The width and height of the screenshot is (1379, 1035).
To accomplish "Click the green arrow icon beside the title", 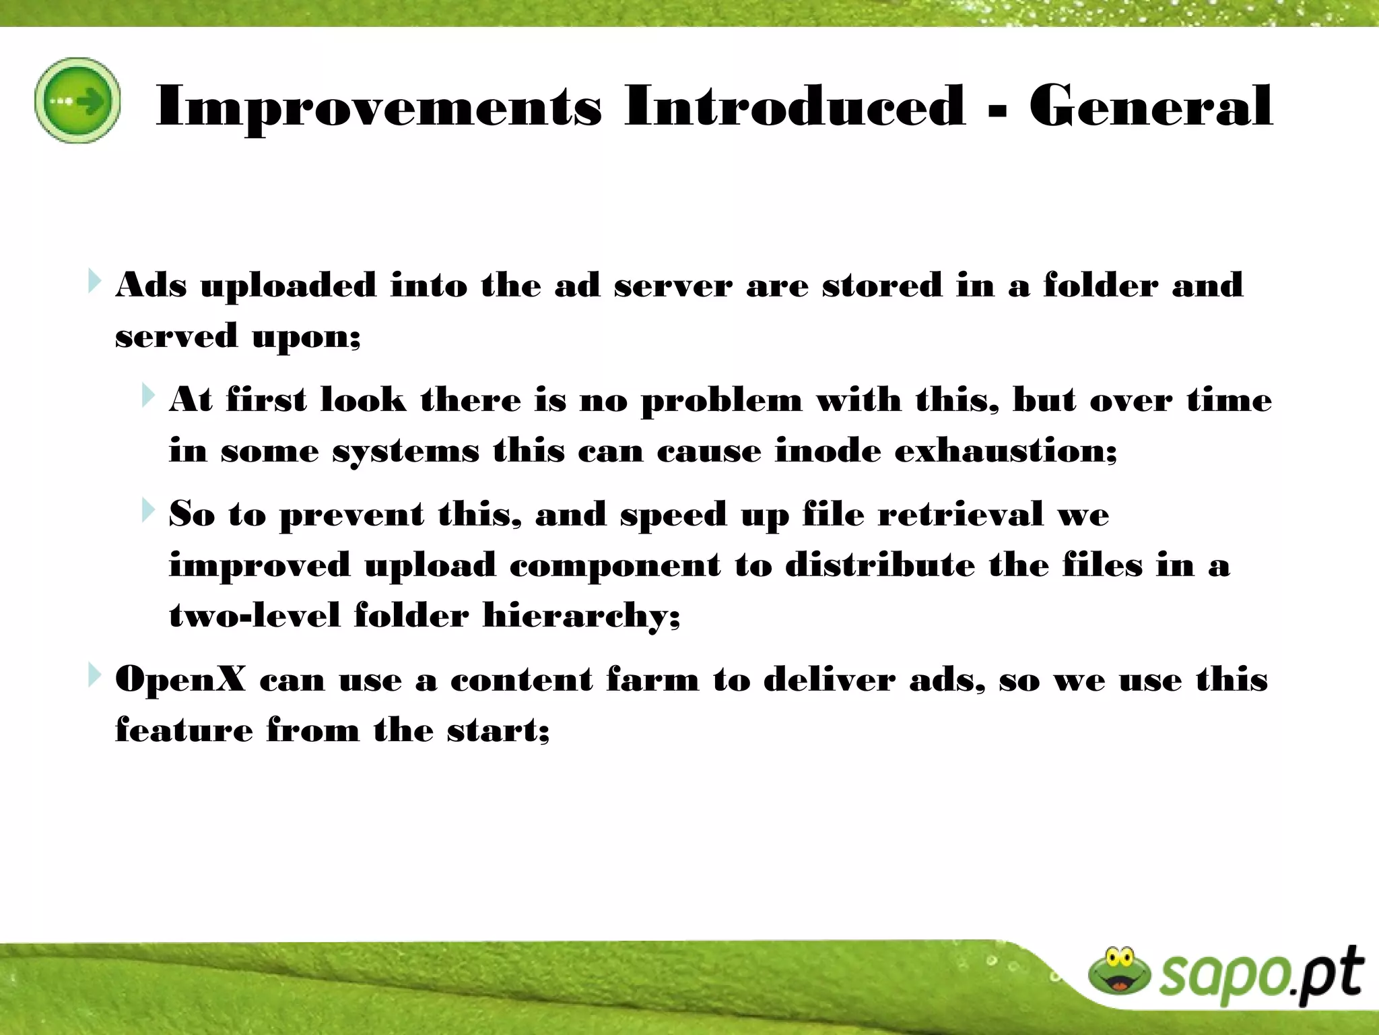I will pos(77,100).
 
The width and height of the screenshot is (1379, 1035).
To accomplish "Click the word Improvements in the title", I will pos(378,106).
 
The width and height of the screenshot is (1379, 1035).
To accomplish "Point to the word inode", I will pos(828,450).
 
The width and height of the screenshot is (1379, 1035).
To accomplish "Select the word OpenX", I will pos(180,679).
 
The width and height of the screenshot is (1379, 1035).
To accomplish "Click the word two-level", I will pos(254,615).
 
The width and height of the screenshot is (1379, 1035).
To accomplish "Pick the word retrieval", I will pos(960,515).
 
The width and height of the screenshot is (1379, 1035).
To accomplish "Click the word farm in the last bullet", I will pos(652,679).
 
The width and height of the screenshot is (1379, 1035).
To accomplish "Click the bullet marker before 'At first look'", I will pos(148,396).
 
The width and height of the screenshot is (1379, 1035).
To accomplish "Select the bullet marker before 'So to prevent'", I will pos(148,510).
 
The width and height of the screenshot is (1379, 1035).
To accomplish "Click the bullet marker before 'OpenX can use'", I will pos(94,675).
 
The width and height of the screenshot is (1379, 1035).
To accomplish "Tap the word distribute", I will pos(879,565).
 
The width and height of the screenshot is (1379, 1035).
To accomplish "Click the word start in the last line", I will pos(495,730).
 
